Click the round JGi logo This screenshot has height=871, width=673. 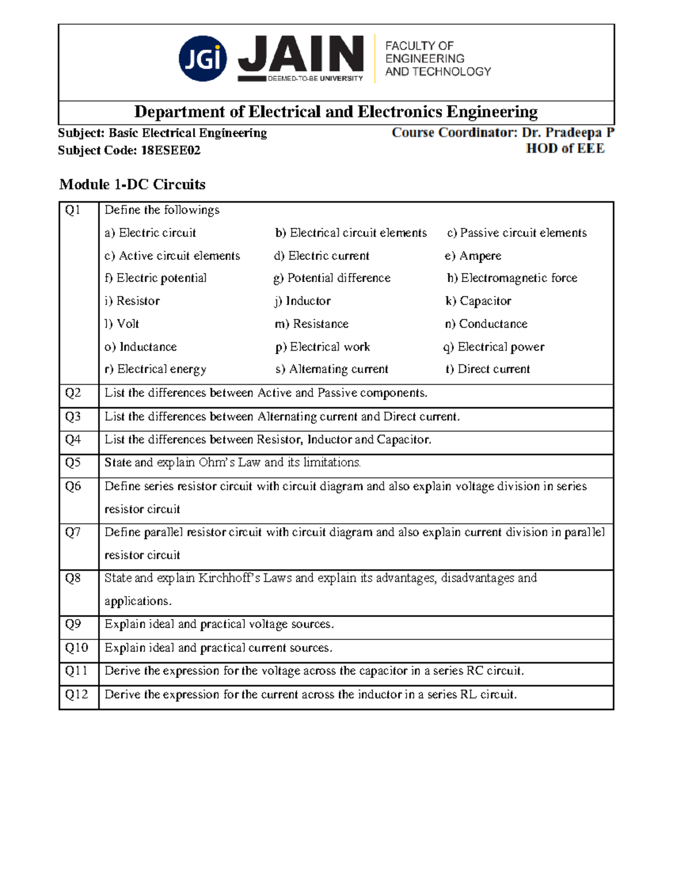pyautogui.click(x=202, y=59)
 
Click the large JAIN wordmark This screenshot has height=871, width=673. pyautogui.click(x=301, y=54)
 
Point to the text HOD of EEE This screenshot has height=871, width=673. pyautogui.click(x=565, y=149)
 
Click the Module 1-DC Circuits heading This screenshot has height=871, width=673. pyautogui.click(x=132, y=185)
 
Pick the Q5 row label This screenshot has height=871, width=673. pyautogui.click(x=73, y=463)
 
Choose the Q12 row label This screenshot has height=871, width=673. pyautogui.click(x=76, y=694)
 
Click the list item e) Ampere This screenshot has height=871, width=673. pyautogui.click(x=473, y=256)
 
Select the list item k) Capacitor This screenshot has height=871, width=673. pyautogui.click(x=478, y=301)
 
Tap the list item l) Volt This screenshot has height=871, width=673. pyautogui.click(x=122, y=324)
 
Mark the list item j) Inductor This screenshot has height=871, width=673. pyautogui.click(x=302, y=301)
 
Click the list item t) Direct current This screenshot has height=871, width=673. pyautogui.click(x=487, y=369)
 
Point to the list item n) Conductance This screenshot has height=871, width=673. pyautogui.click(x=486, y=324)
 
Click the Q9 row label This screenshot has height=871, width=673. pyautogui.click(x=73, y=624)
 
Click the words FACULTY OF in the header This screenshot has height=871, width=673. pyautogui.click(x=419, y=46)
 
